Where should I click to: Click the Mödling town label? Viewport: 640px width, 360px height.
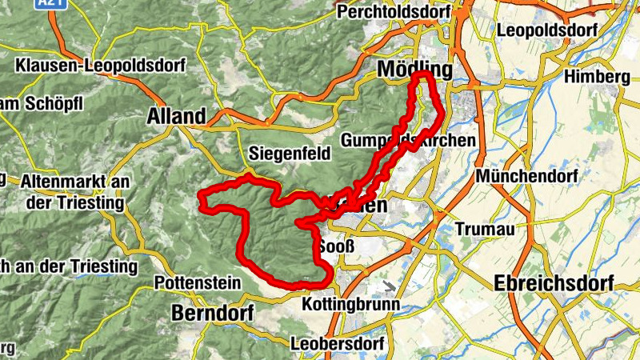click(x=414, y=69)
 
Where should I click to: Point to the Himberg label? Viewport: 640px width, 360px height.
click(x=595, y=77)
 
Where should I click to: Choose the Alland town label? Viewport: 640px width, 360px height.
click(x=176, y=116)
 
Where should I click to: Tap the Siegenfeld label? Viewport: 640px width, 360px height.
click(x=289, y=153)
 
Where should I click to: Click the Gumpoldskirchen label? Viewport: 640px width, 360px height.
click(x=408, y=140)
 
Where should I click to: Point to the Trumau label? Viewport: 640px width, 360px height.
click(x=482, y=228)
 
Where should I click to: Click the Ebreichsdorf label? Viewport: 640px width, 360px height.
click(x=554, y=283)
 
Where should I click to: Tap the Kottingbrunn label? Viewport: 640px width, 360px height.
click(x=350, y=305)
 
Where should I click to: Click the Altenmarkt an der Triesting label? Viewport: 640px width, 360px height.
click(x=76, y=192)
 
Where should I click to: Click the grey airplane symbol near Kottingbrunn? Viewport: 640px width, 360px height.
click(x=389, y=286)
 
